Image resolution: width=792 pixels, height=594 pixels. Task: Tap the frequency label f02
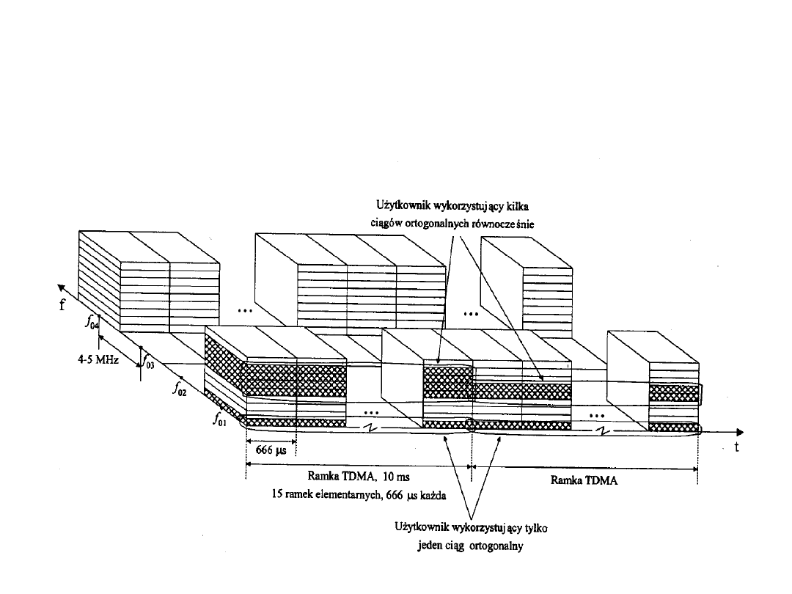click(180, 392)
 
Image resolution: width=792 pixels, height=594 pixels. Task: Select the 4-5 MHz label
click(95, 362)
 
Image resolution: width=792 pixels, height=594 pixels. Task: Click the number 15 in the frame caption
click(278, 494)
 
